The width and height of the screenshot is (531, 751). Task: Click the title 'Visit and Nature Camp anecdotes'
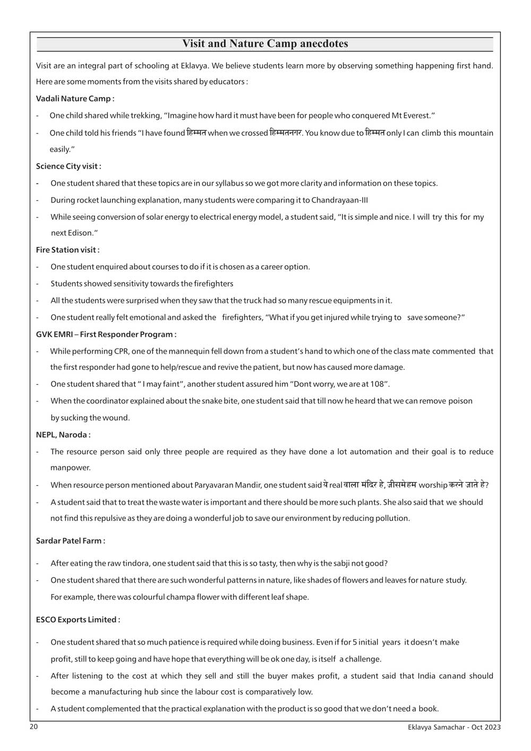(265, 44)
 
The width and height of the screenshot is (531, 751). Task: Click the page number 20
(34, 727)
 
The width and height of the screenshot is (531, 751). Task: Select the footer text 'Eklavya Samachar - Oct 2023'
(451, 728)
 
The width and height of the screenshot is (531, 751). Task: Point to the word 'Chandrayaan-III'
(339, 200)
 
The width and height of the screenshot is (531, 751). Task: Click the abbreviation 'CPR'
(121, 351)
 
